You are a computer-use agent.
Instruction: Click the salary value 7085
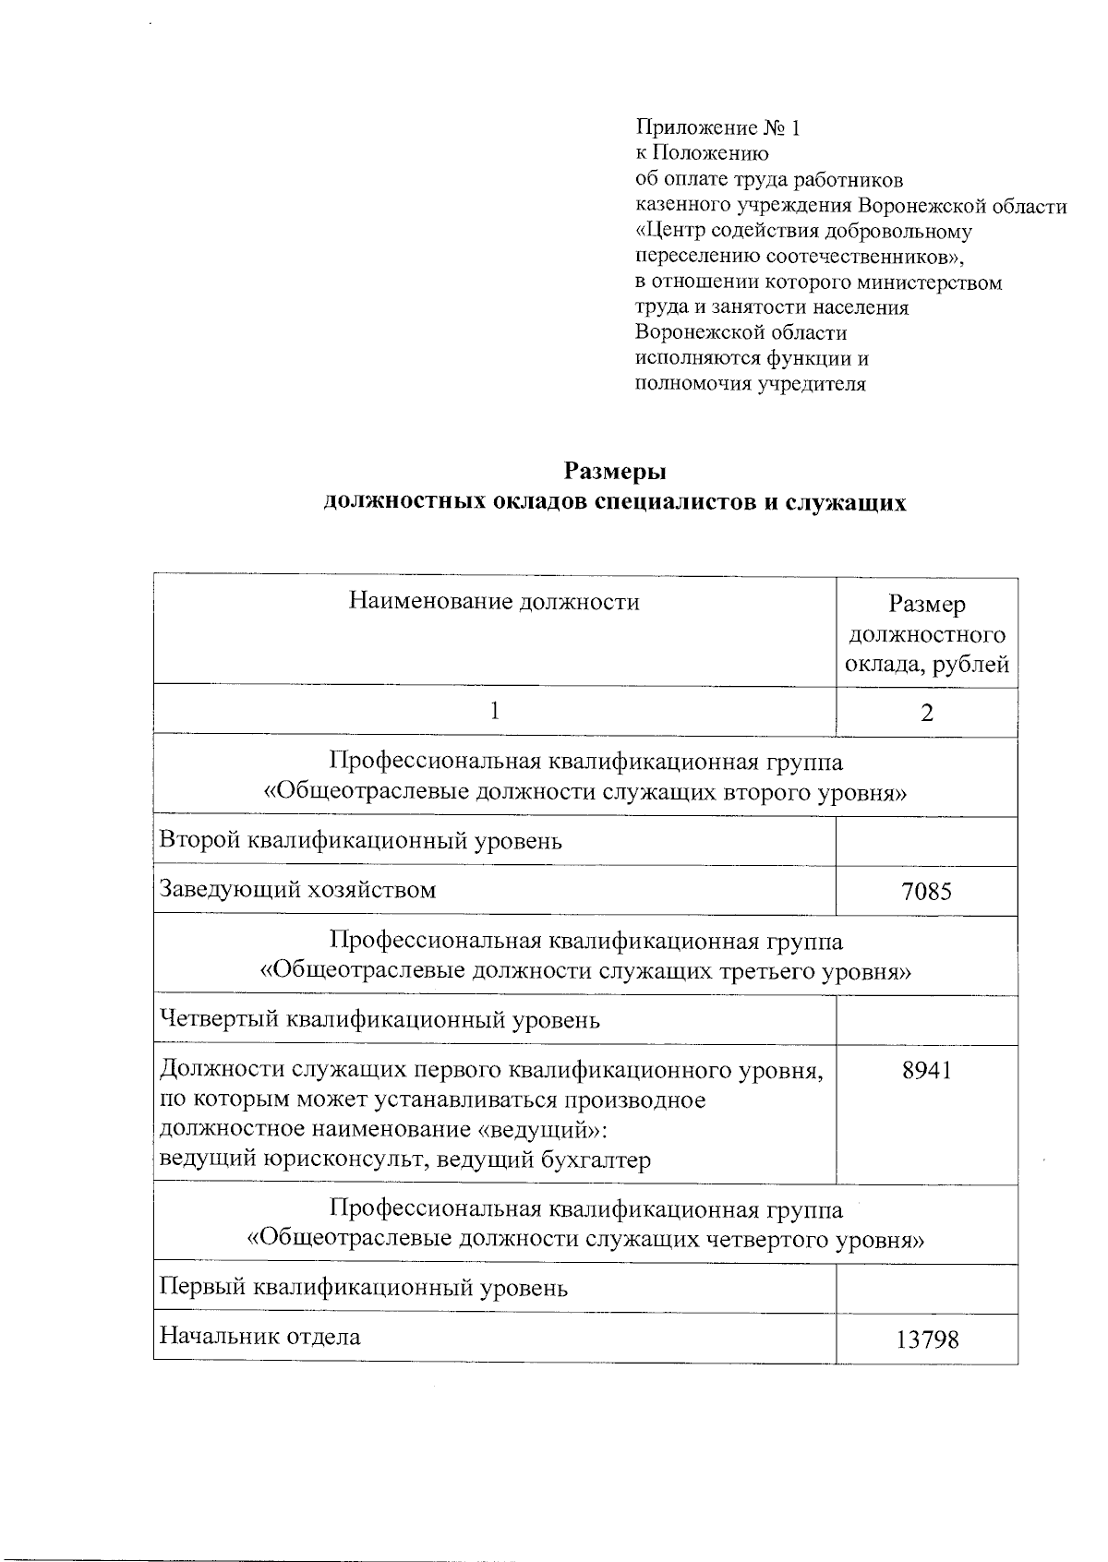(x=926, y=891)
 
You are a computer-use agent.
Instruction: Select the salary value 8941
(x=926, y=1070)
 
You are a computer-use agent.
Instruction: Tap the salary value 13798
(x=926, y=1339)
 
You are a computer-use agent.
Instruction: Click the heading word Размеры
(x=615, y=472)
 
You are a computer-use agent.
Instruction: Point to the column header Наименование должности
(x=494, y=603)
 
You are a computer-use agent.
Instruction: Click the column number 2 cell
(x=926, y=712)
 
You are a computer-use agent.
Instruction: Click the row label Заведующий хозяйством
(x=297, y=890)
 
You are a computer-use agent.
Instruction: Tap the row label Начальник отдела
(x=260, y=1336)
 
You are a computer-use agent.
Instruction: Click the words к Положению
(x=702, y=153)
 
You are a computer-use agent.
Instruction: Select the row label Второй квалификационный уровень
(x=361, y=841)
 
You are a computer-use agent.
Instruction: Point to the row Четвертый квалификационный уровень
(x=379, y=1020)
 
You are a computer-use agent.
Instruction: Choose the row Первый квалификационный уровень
(x=364, y=1288)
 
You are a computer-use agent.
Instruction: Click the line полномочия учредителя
(x=751, y=384)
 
